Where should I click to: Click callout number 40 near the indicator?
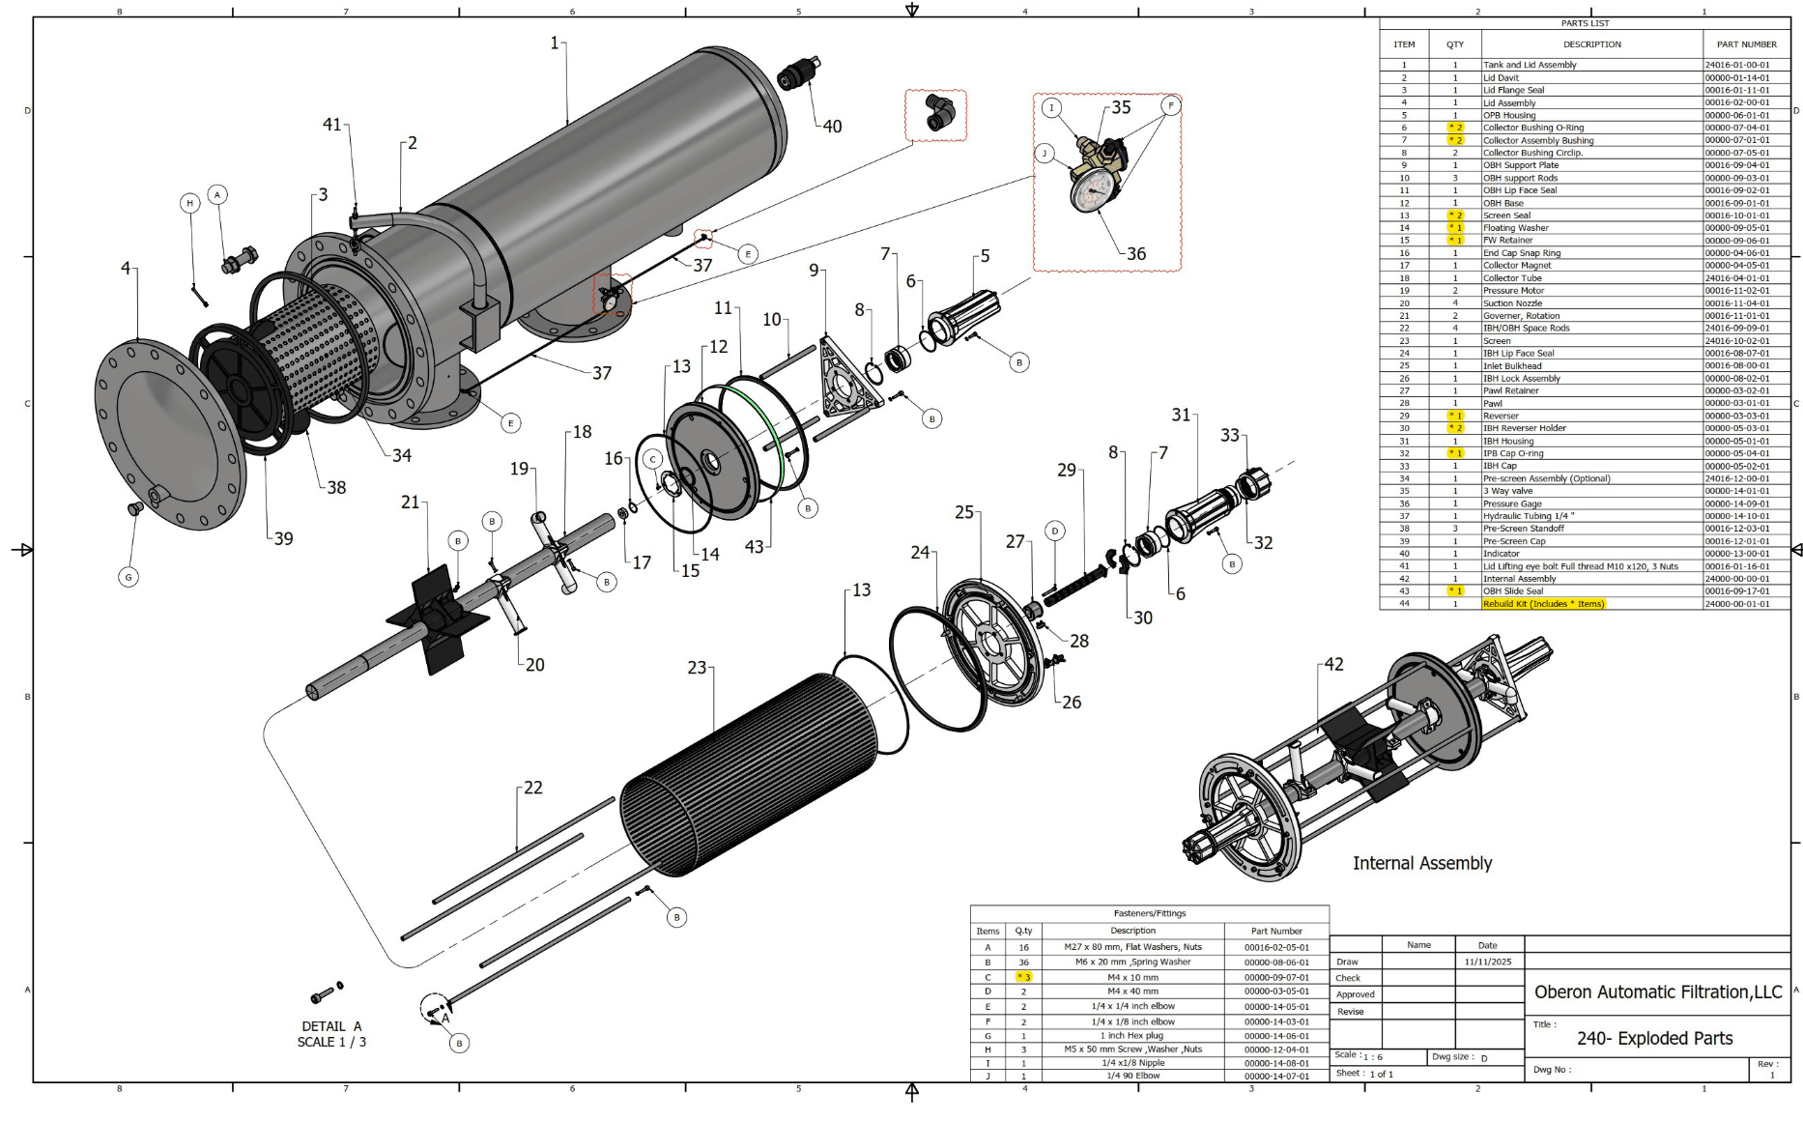click(832, 127)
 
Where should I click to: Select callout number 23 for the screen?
click(697, 668)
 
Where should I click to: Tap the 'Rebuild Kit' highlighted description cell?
click(1543, 604)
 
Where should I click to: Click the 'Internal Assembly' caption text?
click(1421, 863)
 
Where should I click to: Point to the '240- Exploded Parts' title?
click(1654, 1039)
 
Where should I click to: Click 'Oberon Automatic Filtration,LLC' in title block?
click(1658, 992)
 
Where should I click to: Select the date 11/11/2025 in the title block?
click(1487, 962)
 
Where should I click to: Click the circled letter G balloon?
click(129, 577)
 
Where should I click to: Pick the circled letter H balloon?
click(190, 203)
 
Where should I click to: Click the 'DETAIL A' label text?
click(331, 1026)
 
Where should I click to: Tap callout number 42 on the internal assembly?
click(1333, 665)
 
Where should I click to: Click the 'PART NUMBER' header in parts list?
click(1746, 44)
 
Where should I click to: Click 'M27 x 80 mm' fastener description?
click(1132, 947)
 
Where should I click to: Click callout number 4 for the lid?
click(126, 268)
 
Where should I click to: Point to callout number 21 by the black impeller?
click(411, 503)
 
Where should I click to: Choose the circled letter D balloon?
click(1055, 531)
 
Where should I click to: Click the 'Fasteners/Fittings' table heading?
click(1149, 913)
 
